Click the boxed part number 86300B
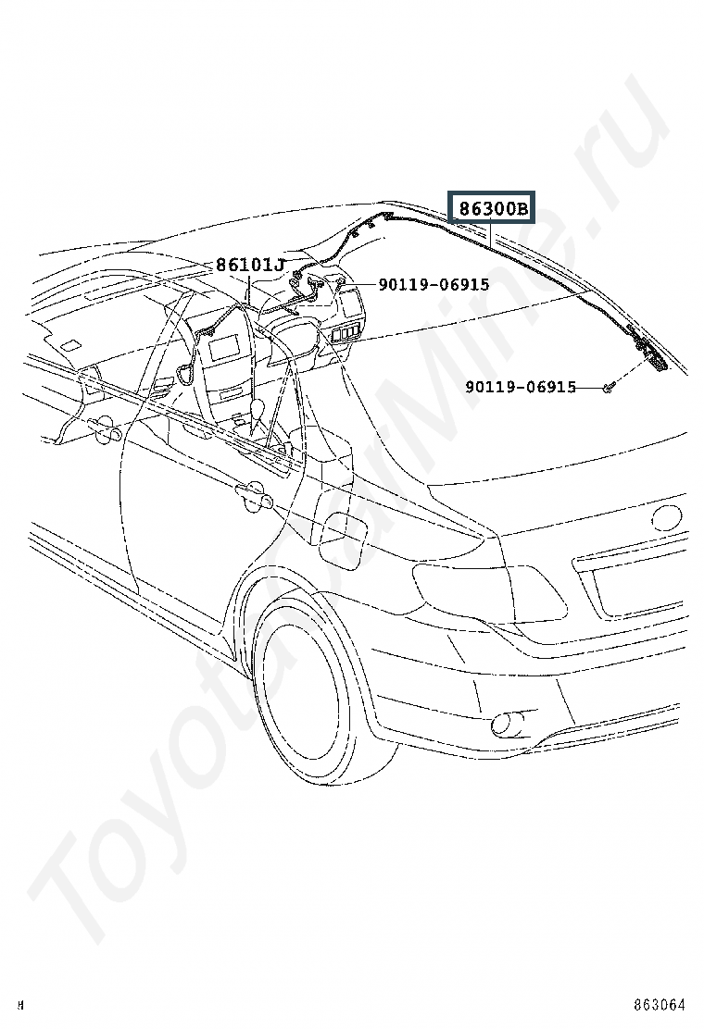pyautogui.click(x=492, y=208)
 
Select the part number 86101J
pyautogui.click(x=250, y=266)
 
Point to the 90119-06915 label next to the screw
pyautogui.click(x=521, y=387)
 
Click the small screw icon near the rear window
pyautogui.click(x=607, y=390)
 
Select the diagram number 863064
pyautogui.click(x=659, y=1005)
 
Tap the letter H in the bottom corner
pyautogui.click(x=21, y=1005)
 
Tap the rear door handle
pyautogui.click(x=252, y=495)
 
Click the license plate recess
pyautogui.click(x=638, y=590)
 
